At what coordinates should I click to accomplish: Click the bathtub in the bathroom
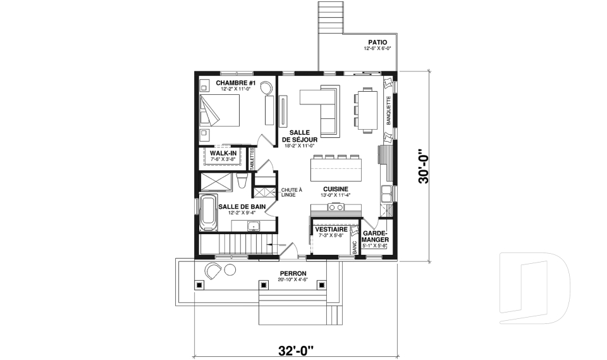coord(208,213)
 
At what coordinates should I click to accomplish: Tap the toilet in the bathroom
coord(242,182)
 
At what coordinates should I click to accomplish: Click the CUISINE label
coord(335,189)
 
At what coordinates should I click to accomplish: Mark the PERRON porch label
coord(292,273)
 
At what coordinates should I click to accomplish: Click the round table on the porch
coord(229,270)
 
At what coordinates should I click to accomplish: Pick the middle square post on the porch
coord(262,285)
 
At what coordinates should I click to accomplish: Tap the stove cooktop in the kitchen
coord(335,209)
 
